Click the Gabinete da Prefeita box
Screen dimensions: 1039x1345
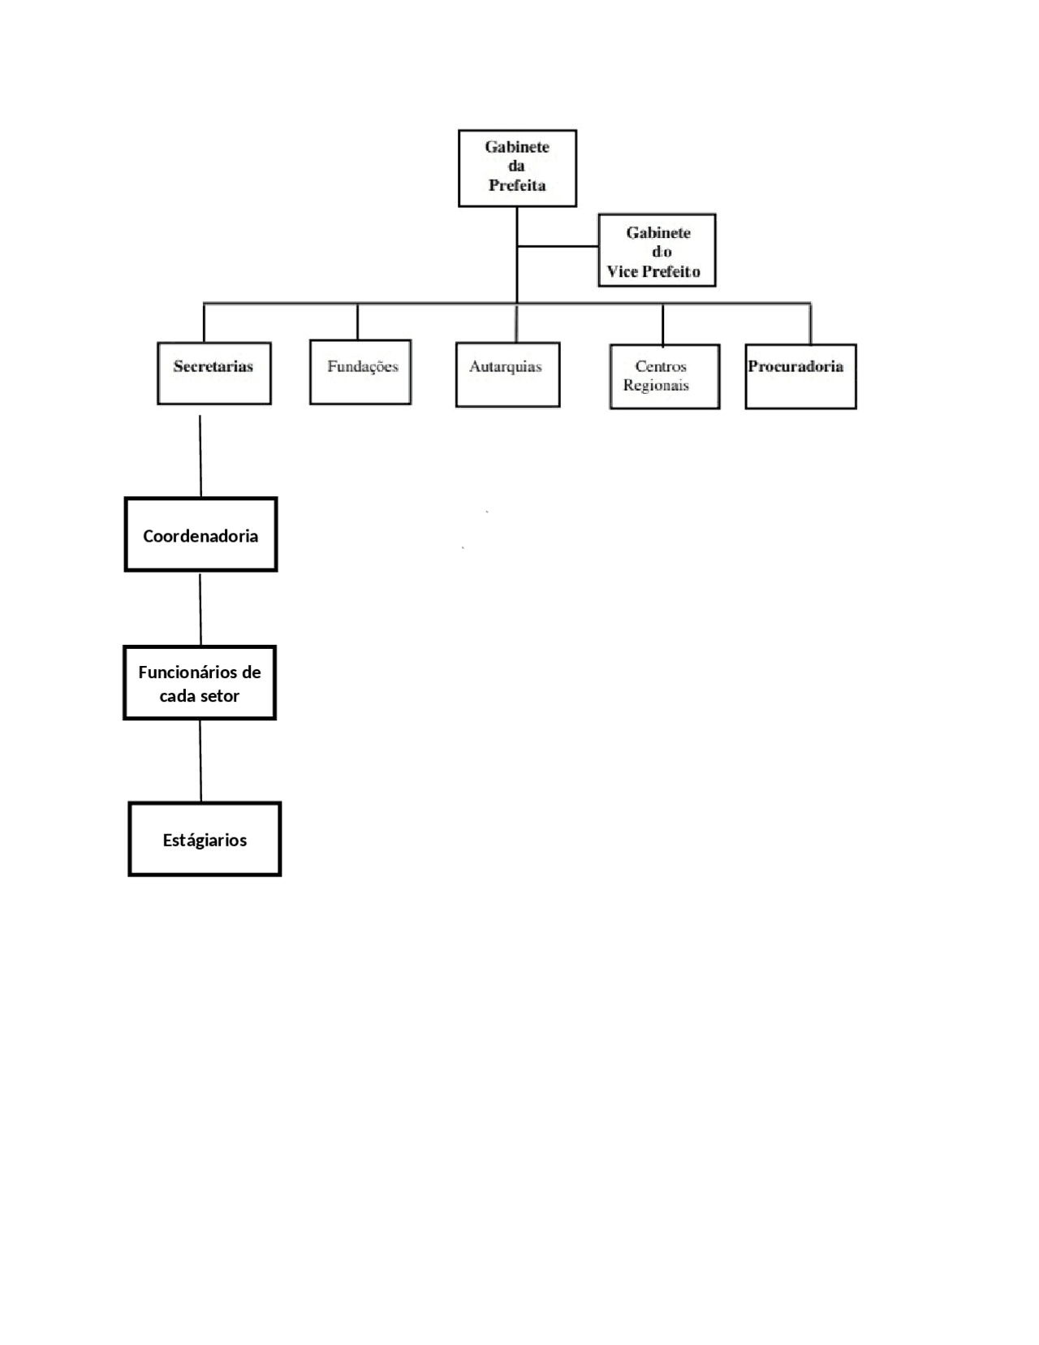pos(517,168)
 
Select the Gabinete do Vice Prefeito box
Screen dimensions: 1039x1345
pos(657,250)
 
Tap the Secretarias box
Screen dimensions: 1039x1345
pos(214,374)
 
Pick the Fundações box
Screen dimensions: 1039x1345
pos(360,372)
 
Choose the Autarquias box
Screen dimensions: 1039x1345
pos(508,374)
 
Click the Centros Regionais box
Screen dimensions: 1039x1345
pos(665,376)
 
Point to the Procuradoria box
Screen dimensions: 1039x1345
pos(801,376)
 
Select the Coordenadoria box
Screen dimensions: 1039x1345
pos(201,534)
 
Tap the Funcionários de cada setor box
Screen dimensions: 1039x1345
pos(200,683)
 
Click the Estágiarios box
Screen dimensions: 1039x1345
pos(205,839)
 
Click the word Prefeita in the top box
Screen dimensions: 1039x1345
pos(517,185)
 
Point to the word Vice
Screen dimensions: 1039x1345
pos(622,271)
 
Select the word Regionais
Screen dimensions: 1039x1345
pos(656,385)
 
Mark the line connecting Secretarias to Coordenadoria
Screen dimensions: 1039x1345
pos(200,456)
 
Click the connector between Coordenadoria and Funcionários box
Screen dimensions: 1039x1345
pos(200,610)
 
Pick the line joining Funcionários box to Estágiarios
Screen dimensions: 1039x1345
pos(200,761)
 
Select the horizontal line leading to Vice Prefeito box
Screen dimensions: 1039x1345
pos(558,246)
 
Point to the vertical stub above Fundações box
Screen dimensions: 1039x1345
pos(357,322)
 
